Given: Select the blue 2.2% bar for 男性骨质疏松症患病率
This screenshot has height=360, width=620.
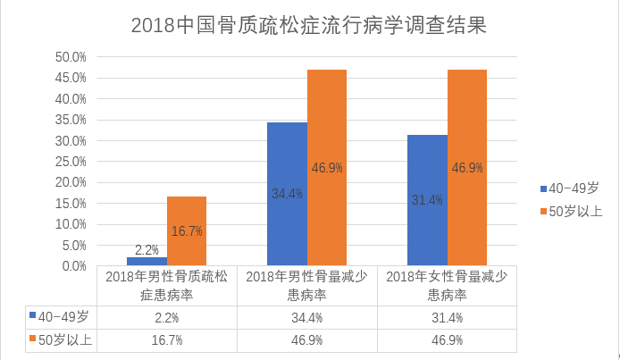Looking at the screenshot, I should tap(147, 262).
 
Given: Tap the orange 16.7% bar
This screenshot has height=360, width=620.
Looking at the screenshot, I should tap(187, 231).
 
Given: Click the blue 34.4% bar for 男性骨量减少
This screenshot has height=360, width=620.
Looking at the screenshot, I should tap(287, 194).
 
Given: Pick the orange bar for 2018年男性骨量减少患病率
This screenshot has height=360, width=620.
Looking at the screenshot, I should tap(327, 168).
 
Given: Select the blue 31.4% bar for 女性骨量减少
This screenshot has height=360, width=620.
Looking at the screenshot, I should tap(427, 200).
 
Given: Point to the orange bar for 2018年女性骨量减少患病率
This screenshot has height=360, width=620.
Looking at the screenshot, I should tap(467, 168).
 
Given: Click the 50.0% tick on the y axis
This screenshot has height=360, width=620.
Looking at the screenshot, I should tap(71, 57).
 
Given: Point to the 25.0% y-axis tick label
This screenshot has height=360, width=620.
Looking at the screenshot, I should tap(71, 162).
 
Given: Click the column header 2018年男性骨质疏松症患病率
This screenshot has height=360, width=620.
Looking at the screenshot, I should tap(167, 286).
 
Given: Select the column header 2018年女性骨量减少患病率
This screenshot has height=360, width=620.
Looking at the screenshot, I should tap(448, 286).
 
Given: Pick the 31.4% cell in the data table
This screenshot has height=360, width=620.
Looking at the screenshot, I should tap(448, 317).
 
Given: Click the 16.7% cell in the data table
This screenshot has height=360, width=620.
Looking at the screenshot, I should tap(167, 340).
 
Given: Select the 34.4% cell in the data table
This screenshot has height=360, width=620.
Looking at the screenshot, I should tap(307, 317).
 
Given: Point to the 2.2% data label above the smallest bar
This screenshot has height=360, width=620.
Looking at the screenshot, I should tap(147, 249).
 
